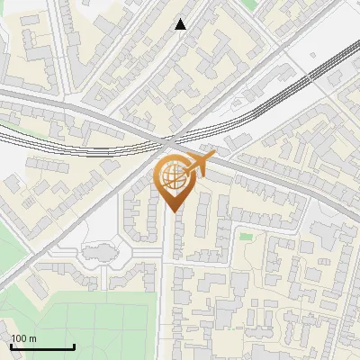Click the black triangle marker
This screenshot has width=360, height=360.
(x=181, y=24)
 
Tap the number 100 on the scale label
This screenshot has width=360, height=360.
(x=19, y=338)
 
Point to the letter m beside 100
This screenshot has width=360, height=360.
(x=32, y=338)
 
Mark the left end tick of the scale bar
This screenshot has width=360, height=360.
(x=10, y=346)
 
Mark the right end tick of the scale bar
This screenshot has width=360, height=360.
(x=74, y=346)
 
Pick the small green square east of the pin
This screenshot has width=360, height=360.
(x=246, y=237)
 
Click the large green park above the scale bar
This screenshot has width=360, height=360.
(x=90, y=324)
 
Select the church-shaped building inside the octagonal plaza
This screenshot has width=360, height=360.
(x=98, y=255)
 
